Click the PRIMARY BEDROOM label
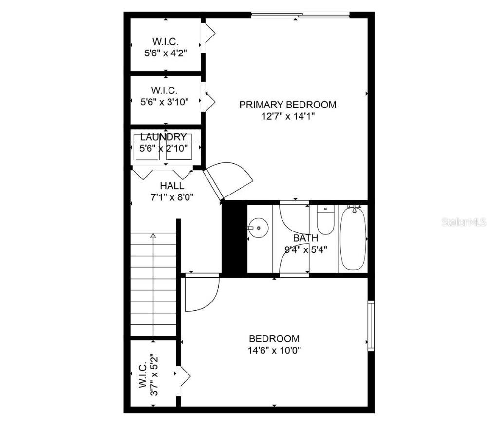pos(287,105)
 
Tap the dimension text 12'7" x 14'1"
pos(287,117)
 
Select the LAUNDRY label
pos(163,137)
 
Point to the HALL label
pos(172,186)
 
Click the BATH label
pos(305,238)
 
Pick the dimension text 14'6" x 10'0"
pos(274,351)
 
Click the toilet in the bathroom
pos(324,220)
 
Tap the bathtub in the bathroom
pos(353,238)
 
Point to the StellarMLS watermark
pos(464,222)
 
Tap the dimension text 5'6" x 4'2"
pos(166,53)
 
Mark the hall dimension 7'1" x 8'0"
pos(172,197)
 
